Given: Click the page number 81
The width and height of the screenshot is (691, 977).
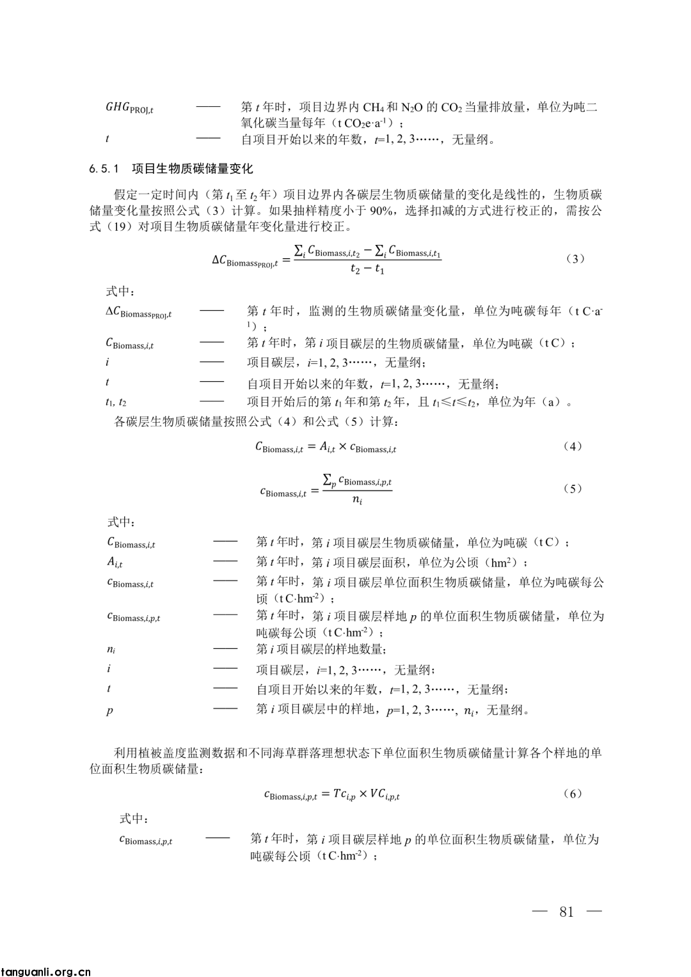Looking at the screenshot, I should pyautogui.click(x=566, y=912).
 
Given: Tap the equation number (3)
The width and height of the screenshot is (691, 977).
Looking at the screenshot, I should pyautogui.click(x=576, y=259).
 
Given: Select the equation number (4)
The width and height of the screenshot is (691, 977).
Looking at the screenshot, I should pyautogui.click(x=572, y=446).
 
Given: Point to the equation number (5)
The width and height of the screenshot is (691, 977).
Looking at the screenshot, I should pyautogui.click(x=572, y=488).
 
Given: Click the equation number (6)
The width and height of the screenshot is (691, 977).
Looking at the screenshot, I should pyautogui.click(x=572, y=793).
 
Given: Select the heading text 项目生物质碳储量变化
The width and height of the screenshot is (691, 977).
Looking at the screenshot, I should pyautogui.click(x=193, y=169).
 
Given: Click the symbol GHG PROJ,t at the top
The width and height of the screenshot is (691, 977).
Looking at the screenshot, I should pyautogui.click(x=129, y=108).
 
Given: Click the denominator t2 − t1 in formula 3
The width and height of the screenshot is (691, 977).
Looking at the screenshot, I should pyautogui.click(x=367, y=270).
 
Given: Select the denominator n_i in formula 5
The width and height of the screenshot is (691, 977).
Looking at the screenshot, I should pyautogui.click(x=357, y=501).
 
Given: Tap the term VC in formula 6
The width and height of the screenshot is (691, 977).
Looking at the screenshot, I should pyautogui.click(x=385, y=795).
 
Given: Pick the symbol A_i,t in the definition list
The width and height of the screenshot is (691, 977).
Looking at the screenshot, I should pyautogui.click(x=115, y=563).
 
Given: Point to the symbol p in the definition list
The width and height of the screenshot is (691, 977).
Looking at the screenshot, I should pyautogui.click(x=109, y=710).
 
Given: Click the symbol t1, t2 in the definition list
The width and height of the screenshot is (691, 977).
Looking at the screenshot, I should pyautogui.click(x=116, y=402).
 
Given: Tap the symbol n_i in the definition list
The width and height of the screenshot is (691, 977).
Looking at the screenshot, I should pyautogui.click(x=111, y=650).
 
